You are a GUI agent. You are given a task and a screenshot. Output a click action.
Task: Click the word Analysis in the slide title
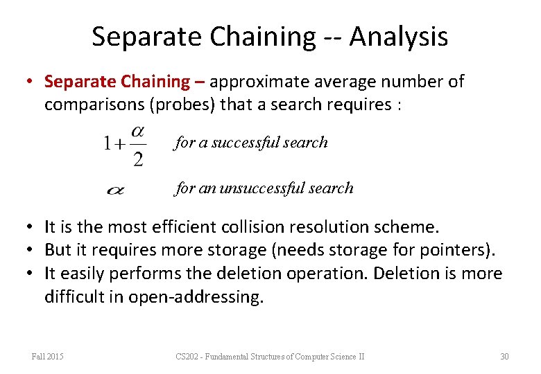398,37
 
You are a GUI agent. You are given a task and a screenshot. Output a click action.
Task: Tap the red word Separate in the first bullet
74,82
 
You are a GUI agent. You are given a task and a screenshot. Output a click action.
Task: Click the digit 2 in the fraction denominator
138,160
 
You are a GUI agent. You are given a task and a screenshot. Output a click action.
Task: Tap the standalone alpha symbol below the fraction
116,189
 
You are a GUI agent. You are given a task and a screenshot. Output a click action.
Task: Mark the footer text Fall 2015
47,357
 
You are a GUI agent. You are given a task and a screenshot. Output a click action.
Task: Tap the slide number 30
504,357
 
